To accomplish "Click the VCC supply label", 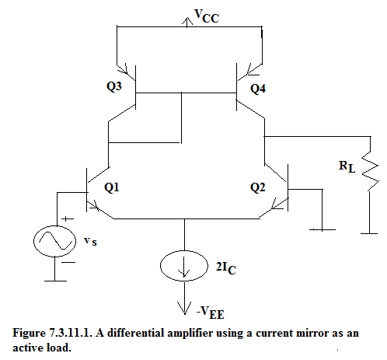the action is (207, 16).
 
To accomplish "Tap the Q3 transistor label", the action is (114, 86).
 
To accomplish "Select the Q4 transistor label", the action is (258, 89).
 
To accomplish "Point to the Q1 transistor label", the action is (112, 187).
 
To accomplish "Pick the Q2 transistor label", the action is (258, 187).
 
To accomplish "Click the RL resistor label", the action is (347, 166).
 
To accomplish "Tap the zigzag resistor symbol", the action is (371, 171).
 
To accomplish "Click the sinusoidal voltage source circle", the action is (54, 241).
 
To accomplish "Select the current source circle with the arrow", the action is (184, 266).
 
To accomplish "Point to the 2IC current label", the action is (226, 268).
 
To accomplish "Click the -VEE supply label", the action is (211, 313).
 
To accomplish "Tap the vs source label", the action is (90, 241).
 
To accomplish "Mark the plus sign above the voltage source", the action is (68, 219).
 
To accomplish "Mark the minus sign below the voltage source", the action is (68, 262).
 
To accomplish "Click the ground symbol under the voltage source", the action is (55, 281).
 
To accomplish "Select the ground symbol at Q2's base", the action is (322, 229).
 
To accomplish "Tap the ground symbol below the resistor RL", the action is (369, 233).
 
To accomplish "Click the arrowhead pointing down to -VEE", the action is (184, 308).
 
